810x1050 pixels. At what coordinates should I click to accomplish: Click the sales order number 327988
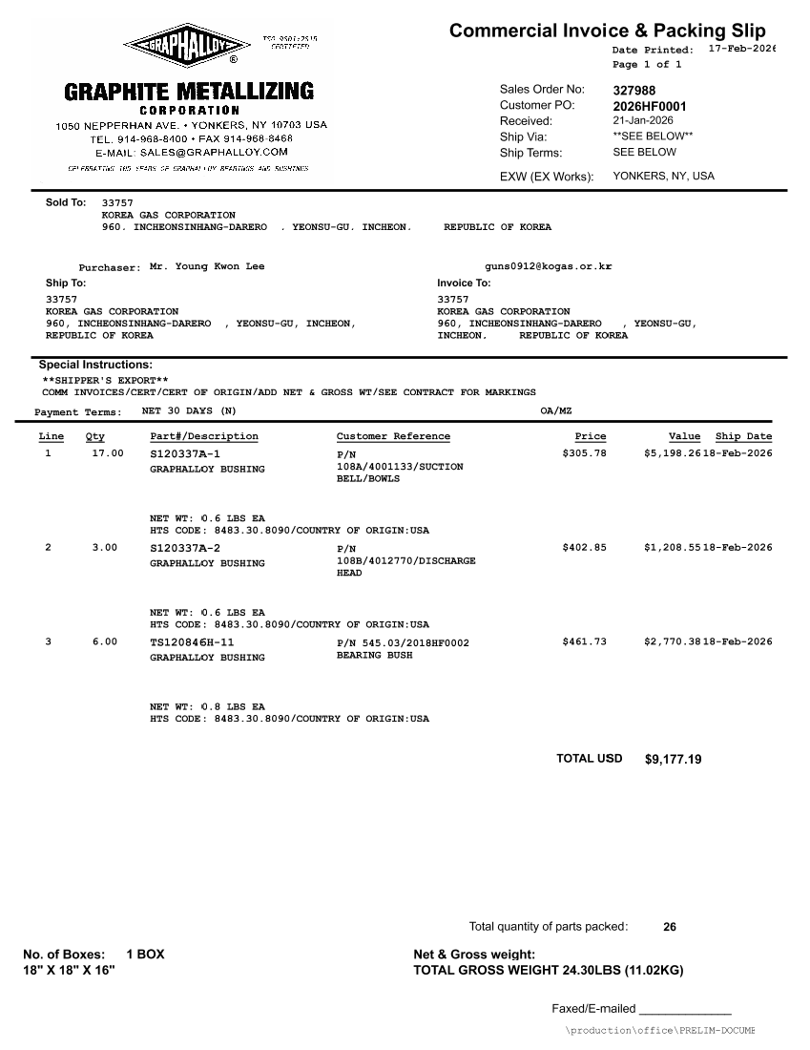(634, 90)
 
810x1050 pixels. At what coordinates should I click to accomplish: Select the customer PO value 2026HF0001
(649, 106)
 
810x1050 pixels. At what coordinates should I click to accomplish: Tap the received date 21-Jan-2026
(642, 121)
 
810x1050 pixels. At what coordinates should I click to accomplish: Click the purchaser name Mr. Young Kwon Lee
(207, 266)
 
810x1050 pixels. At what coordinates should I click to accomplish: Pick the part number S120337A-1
(185, 453)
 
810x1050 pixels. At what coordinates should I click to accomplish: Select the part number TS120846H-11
(192, 641)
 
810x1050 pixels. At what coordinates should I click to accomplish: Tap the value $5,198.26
(673, 453)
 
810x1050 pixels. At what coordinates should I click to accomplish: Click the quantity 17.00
(108, 453)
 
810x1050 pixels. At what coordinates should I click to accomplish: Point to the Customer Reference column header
(393, 436)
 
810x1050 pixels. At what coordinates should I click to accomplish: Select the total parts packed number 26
(670, 927)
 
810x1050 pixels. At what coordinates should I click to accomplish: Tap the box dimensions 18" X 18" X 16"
(69, 970)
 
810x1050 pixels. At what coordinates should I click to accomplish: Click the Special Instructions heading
(95, 365)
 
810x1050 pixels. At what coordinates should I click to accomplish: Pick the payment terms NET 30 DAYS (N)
(189, 411)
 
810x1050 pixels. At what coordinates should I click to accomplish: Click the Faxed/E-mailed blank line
(685, 1009)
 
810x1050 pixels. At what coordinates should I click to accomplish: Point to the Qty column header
(95, 436)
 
